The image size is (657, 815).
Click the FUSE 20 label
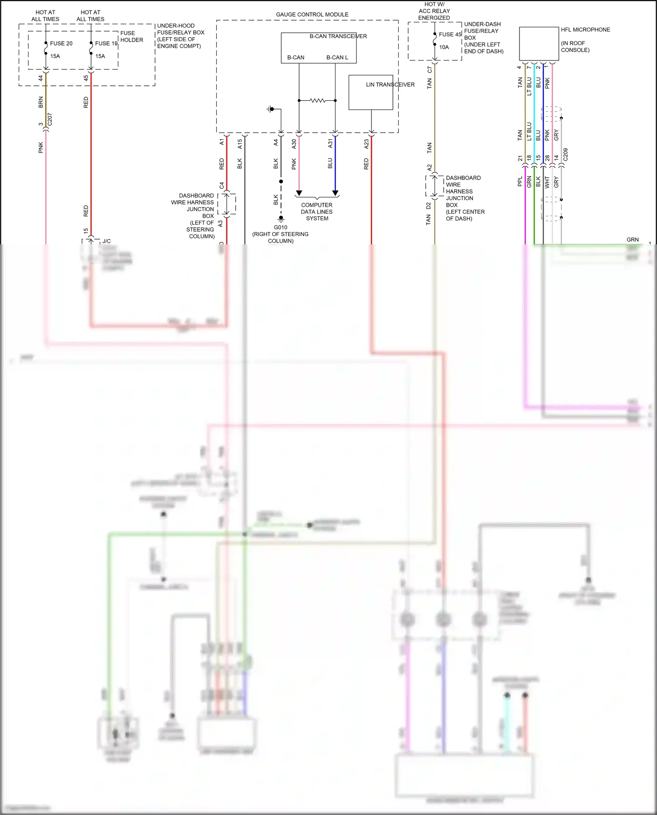pyautogui.click(x=61, y=43)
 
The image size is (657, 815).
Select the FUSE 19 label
pyautogui.click(x=106, y=43)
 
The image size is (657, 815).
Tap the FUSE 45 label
pyautogui.click(x=450, y=34)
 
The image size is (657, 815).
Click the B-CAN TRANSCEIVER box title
pyautogui.click(x=338, y=36)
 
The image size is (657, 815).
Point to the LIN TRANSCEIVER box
pyautogui.click(x=371, y=92)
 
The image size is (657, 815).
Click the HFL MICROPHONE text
pyautogui.click(x=585, y=30)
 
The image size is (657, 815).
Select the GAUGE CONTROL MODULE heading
pyautogui.click(x=312, y=14)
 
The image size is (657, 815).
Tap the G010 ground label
pyautogui.click(x=280, y=227)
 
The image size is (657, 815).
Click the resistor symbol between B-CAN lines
pyautogui.click(x=318, y=101)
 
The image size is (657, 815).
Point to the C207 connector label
pyautogui.click(x=49, y=120)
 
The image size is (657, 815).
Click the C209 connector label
pyautogui.click(x=565, y=155)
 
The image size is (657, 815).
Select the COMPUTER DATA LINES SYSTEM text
pyautogui.click(x=317, y=212)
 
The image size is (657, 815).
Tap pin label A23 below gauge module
pyautogui.click(x=366, y=144)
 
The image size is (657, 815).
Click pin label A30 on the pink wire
pyautogui.click(x=294, y=143)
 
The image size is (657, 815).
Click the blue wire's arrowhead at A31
pyautogui.click(x=335, y=193)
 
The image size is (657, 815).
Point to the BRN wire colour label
pyautogui.click(x=41, y=102)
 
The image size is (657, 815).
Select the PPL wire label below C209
pyautogui.click(x=520, y=181)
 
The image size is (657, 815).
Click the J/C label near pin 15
pyautogui.click(x=106, y=241)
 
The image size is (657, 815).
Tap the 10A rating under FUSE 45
pyautogui.click(x=444, y=47)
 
